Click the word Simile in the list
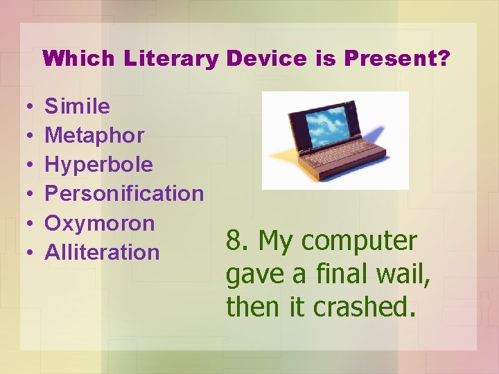pos(77,106)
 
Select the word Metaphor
pos(94,135)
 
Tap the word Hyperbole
pos(98,165)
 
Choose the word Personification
pos(124,193)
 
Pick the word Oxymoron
pos(99,223)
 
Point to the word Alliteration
pos(102,252)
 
